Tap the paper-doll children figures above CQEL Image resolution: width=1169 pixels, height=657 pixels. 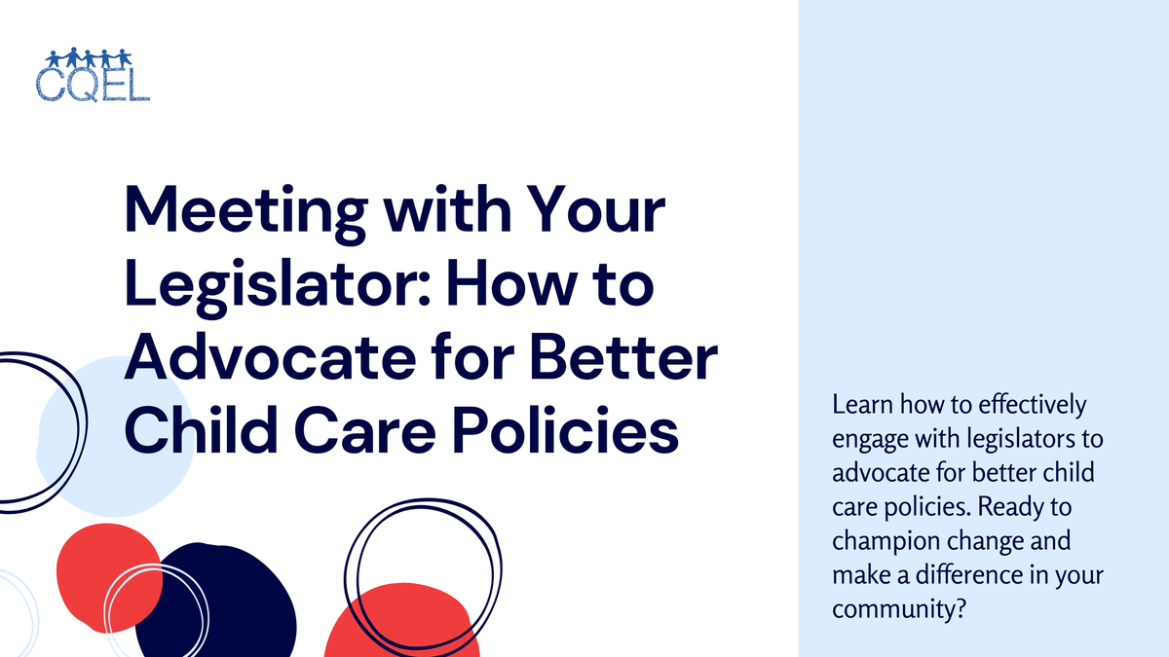point(88,56)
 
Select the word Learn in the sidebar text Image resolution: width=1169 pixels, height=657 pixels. point(858,404)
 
